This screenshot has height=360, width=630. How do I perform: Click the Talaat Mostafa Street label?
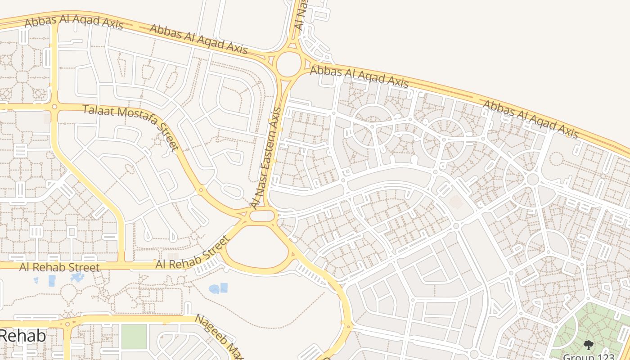131,127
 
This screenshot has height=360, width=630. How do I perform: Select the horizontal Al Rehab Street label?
59,267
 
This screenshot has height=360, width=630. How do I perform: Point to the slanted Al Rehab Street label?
193,252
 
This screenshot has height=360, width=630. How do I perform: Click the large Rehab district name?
22,336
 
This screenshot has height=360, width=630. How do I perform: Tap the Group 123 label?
588,356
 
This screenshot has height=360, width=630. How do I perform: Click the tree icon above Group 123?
588,345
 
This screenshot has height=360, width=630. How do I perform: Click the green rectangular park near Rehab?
134,336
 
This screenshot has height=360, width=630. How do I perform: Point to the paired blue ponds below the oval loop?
218,288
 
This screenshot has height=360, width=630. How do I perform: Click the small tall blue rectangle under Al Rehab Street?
52,281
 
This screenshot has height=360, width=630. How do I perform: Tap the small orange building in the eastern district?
455,202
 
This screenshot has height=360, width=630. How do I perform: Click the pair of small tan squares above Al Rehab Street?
173,256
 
